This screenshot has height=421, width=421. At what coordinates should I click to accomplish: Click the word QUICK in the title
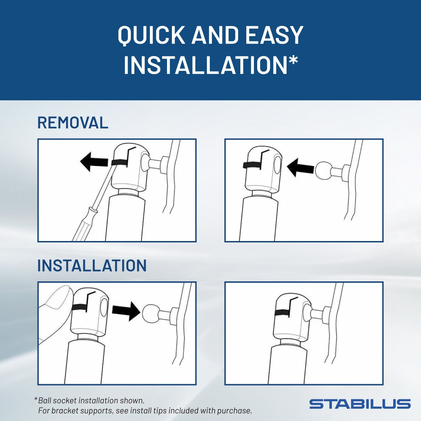151,35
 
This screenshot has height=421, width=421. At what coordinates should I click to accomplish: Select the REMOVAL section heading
73,123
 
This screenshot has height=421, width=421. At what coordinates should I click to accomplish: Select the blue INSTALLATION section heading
92,266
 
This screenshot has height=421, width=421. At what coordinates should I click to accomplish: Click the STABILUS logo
360,404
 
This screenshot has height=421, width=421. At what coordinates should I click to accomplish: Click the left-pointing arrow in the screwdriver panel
94,162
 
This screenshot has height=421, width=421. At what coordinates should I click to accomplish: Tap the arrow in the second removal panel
301,168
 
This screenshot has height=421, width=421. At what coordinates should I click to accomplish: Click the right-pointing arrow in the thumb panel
126,311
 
